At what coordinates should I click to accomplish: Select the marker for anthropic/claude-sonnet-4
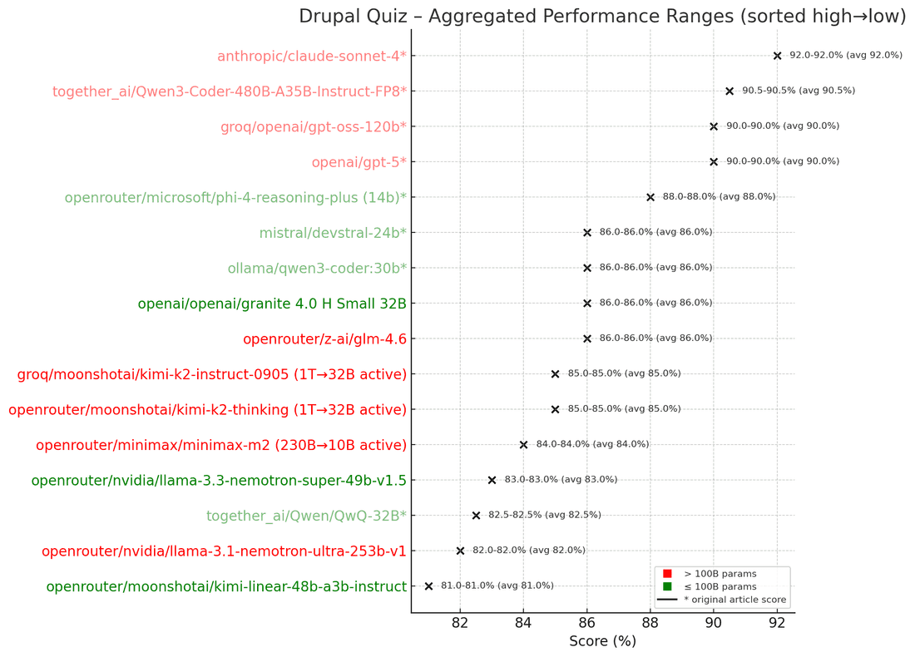[777, 56]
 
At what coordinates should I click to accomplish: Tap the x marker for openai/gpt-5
[714, 162]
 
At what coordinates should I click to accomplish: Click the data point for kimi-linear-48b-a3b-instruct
[428, 586]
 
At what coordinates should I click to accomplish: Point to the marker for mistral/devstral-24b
[587, 233]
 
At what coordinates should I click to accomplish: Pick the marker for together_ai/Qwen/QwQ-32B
[476, 516]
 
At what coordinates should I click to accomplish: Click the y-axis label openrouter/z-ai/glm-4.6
[324, 338]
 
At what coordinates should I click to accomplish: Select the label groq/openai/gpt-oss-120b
[314, 126]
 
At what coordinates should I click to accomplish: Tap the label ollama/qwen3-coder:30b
[317, 268]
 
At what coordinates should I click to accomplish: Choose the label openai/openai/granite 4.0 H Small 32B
[272, 304]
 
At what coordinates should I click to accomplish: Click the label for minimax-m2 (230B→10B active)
[221, 445]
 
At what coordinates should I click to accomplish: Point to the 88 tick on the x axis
[650, 623]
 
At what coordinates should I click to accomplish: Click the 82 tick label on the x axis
[460, 623]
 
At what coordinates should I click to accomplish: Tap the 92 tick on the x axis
[777, 623]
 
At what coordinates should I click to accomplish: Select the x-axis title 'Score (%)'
[602, 641]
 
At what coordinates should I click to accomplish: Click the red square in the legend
[667, 574]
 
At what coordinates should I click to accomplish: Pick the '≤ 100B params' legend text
[715, 587]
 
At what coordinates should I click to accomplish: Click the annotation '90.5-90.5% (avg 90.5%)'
[799, 91]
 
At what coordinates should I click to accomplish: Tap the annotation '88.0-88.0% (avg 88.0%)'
[719, 197]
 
